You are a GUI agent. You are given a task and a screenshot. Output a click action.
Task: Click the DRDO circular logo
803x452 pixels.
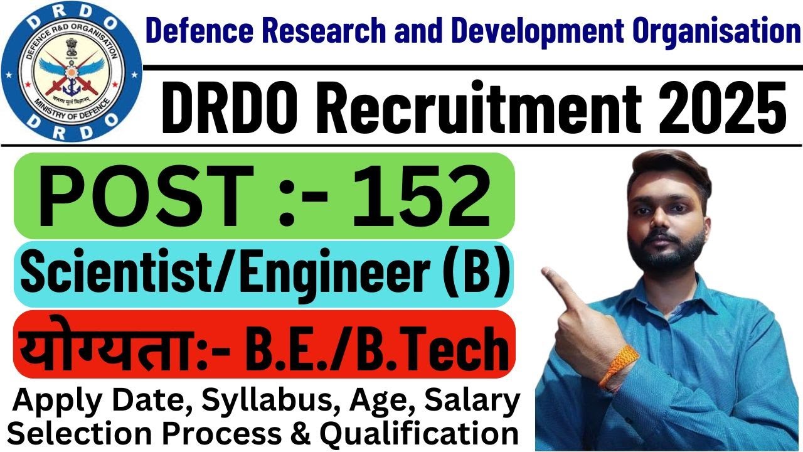point(71,71)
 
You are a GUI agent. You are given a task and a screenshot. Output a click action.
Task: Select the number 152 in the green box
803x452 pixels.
point(419,195)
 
